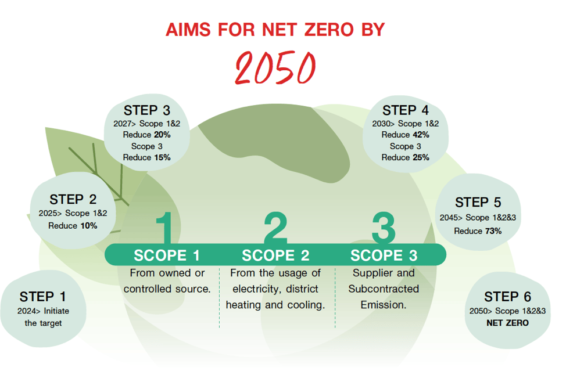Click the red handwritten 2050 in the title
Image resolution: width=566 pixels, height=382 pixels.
pyautogui.click(x=275, y=67)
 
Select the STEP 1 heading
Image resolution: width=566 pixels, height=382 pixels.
pyautogui.click(x=43, y=297)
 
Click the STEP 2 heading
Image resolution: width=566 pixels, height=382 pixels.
pyautogui.click(x=73, y=199)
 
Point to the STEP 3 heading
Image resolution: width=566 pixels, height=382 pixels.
pyautogui.click(x=147, y=110)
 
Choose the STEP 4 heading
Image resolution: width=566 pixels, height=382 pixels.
pyautogui.click(x=406, y=110)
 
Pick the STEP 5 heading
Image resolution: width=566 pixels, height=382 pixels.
pyautogui.click(x=478, y=203)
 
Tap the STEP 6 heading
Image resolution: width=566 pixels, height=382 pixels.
pyautogui.click(x=507, y=297)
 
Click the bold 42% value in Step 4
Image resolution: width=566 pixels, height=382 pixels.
pyautogui.click(x=420, y=135)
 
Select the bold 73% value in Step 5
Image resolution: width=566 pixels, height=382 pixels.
pyautogui.click(x=493, y=231)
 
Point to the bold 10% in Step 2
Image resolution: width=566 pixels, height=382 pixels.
pyautogui.click(x=88, y=226)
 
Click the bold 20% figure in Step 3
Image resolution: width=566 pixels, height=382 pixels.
pyautogui.click(x=162, y=135)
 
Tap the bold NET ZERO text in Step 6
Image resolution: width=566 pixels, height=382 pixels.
pyautogui.click(x=507, y=323)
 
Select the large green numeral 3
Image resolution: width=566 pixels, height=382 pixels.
pyautogui.click(x=384, y=228)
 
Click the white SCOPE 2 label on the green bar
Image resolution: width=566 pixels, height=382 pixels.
pyautogui.click(x=275, y=255)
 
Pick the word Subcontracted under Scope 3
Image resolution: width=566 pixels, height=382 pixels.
pyautogui.click(x=384, y=289)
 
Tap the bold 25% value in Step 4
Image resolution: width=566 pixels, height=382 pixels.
pyautogui.click(x=420, y=157)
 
